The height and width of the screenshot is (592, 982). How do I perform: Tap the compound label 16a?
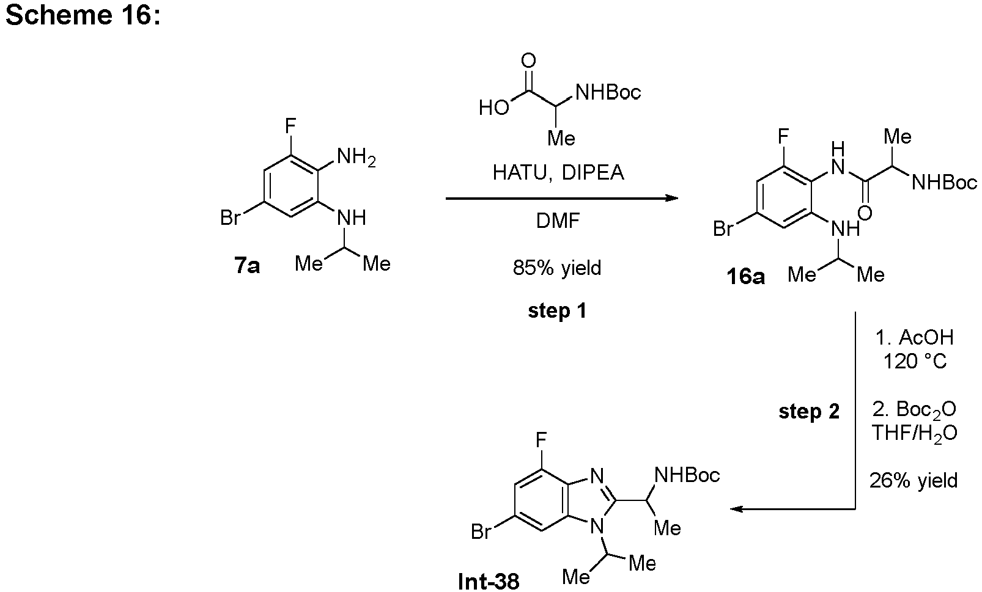(x=745, y=277)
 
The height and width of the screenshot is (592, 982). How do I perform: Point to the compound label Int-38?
(x=489, y=581)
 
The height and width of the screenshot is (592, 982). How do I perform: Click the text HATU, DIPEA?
(x=558, y=173)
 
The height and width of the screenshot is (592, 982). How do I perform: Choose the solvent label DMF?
(x=558, y=221)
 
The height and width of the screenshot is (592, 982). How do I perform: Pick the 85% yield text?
(x=557, y=268)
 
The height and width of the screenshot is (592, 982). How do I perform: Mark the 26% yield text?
(x=914, y=481)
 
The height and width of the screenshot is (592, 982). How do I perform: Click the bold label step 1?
(x=557, y=310)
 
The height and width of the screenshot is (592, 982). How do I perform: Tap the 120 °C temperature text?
(x=914, y=362)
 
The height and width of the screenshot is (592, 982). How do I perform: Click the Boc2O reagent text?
(x=914, y=409)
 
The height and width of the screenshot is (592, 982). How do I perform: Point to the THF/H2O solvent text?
(x=914, y=433)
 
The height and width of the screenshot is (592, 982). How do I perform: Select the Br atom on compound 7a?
(x=230, y=218)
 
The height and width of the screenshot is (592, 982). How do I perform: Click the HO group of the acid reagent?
(x=494, y=108)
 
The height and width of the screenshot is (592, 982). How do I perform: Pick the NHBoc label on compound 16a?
(x=944, y=182)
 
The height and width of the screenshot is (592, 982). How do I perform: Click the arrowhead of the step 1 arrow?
(x=672, y=198)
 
